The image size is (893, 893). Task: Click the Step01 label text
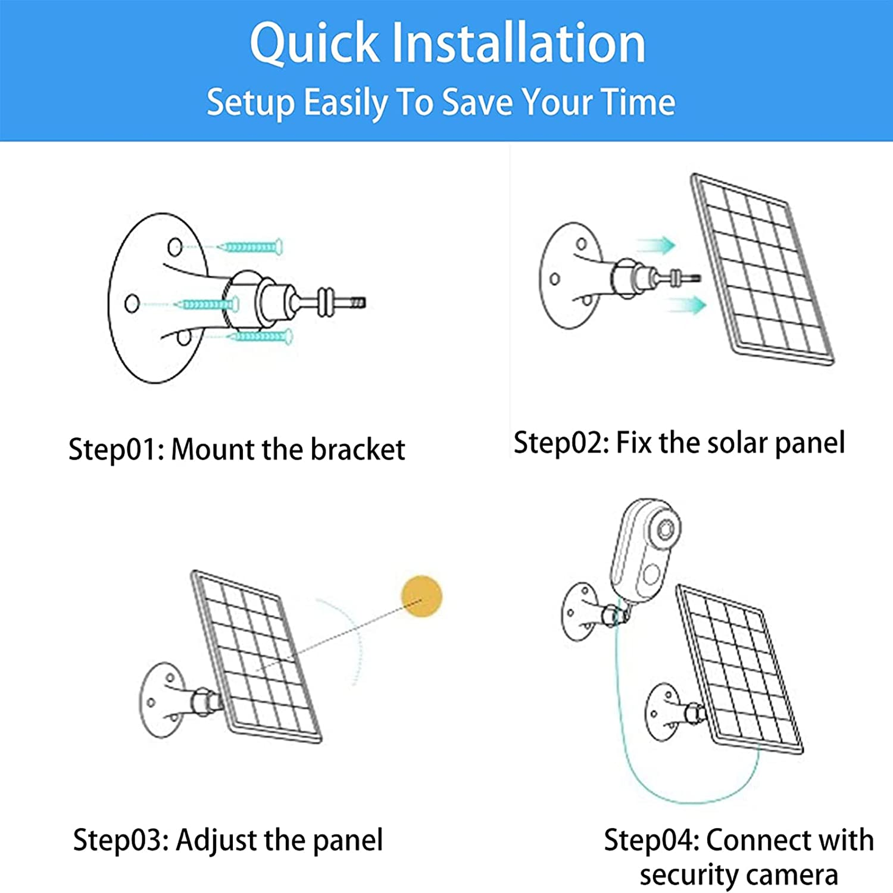116,449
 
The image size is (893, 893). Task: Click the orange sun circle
421,596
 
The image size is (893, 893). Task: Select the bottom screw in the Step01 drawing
262,336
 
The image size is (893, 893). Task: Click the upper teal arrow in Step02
656,245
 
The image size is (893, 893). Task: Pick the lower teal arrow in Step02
687,305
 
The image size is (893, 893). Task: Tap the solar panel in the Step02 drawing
762,271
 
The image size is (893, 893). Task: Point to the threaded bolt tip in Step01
357,302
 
